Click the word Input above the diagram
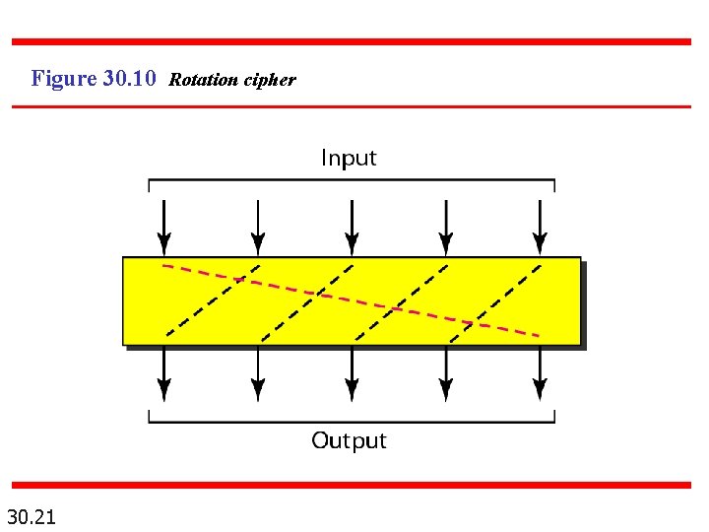pyautogui.click(x=349, y=158)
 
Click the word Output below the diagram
pyautogui.click(x=349, y=440)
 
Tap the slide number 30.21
pyautogui.click(x=32, y=515)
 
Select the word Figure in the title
pyautogui.click(x=64, y=78)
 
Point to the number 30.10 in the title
pyautogui.click(x=129, y=78)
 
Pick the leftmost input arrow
pyautogui.click(x=164, y=226)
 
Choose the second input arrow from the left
pyautogui.click(x=258, y=226)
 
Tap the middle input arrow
pyautogui.click(x=352, y=226)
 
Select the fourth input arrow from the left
pyautogui.click(x=446, y=226)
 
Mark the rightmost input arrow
pyautogui.click(x=540, y=226)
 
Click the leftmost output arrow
pyautogui.click(x=164, y=375)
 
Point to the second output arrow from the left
pyautogui.click(x=258, y=375)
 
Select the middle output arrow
pyautogui.click(x=352, y=375)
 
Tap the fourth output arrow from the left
pyautogui.click(x=446, y=375)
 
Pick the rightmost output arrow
pyautogui.click(x=540, y=375)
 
